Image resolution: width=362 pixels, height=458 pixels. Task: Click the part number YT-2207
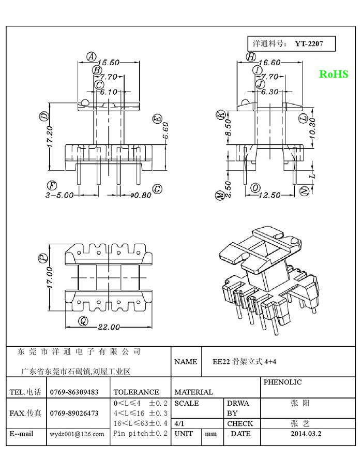309,44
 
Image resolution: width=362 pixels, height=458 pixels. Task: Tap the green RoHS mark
334,74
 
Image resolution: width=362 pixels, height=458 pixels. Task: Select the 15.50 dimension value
108,63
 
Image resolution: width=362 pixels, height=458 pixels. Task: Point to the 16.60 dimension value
269,63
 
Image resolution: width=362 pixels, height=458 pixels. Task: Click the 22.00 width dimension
109,327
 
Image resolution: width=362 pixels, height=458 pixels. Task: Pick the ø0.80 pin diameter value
141,195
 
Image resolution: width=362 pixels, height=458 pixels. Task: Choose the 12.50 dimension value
269,195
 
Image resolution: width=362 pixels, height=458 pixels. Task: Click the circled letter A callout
92,56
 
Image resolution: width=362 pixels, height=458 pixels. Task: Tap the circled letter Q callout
83,321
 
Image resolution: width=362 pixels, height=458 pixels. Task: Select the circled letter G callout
158,189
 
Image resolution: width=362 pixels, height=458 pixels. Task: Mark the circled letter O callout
255,188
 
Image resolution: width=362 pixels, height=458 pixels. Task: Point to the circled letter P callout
43,257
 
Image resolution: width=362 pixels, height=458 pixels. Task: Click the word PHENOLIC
282,382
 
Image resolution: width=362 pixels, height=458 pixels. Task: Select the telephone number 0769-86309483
74,392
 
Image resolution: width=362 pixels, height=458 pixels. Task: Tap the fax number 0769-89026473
74,413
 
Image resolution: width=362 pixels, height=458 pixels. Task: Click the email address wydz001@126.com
77,434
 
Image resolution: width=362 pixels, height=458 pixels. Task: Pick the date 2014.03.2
306,434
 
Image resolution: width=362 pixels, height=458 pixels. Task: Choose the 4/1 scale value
179,423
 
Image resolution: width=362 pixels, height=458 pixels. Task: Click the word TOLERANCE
137,392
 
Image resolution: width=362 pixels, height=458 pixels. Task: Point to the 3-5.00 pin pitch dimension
59,195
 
